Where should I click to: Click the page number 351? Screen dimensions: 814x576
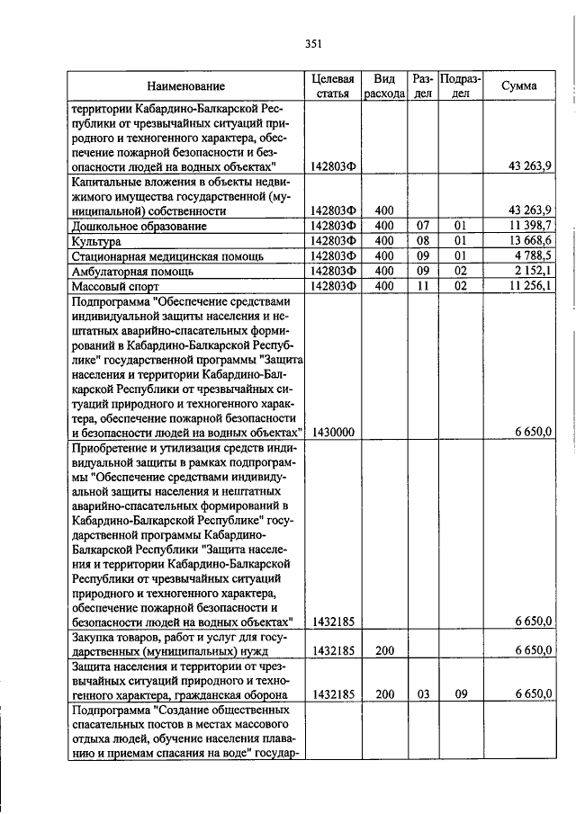tap(313, 42)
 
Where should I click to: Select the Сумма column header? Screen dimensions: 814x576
tap(519, 86)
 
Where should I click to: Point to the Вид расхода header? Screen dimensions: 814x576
tap(384, 86)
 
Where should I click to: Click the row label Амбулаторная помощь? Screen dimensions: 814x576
tap(133, 271)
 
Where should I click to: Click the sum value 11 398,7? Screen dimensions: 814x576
tap(530, 226)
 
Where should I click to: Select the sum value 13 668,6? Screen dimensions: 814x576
tap(530, 241)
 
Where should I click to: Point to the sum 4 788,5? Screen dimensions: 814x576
tap(533, 256)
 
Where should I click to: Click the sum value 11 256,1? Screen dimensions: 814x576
tap(530, 286)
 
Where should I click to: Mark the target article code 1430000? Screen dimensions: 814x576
tap(333, 433)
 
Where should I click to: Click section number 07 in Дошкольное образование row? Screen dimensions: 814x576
tap(422, 226)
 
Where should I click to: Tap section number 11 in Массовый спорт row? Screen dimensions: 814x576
tap(422, 286)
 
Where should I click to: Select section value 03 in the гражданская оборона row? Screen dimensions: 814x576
tap(422, 693)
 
